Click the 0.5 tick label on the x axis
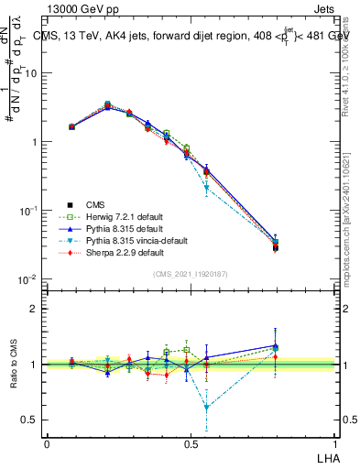click(x=190, y=443)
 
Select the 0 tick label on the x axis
click(x=47, y=443)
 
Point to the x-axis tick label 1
click(x=333, y=443)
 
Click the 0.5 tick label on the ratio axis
click(x=33, y=420)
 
